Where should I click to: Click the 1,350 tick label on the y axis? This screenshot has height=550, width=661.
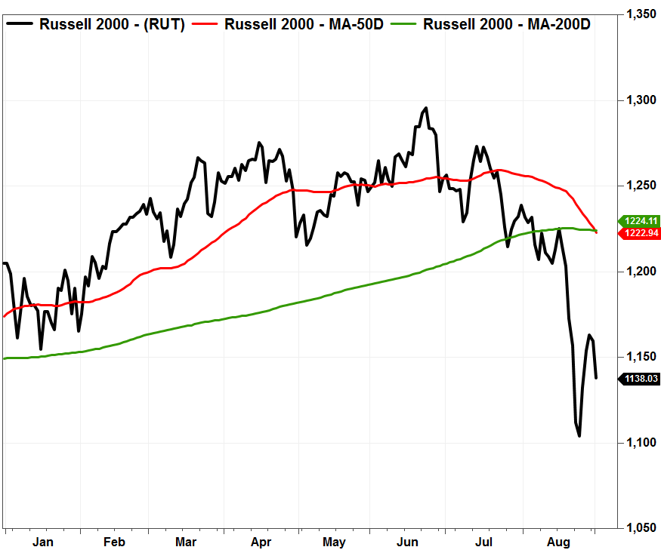pos(641,14)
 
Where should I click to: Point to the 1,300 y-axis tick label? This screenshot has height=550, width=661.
pos(641,100)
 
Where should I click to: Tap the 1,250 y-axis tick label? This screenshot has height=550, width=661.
pos(641,186)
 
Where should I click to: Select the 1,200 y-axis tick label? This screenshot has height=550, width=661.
pos(641,272)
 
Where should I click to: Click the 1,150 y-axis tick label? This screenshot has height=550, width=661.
pos(641,357)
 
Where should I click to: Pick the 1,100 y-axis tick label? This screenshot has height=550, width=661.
pos(641,442)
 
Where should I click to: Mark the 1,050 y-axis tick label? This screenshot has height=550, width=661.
pos(641,528)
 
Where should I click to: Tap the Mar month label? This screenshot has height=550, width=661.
pos(187,542)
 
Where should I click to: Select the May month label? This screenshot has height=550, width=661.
pos(334,542)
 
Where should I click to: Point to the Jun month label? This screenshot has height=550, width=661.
pos(407,542)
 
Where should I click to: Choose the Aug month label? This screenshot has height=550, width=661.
pos(558,542)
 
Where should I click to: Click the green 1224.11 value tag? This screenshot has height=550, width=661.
pos(638,221)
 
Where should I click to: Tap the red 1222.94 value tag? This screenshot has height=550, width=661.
pos(638,234)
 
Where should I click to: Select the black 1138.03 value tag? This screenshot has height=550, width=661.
pos(638,379)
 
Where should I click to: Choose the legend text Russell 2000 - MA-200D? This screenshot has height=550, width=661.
pos(507,24)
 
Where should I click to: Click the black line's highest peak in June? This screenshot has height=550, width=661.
pos(426,108)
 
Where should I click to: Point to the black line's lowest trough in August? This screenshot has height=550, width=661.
pos(579,435)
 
